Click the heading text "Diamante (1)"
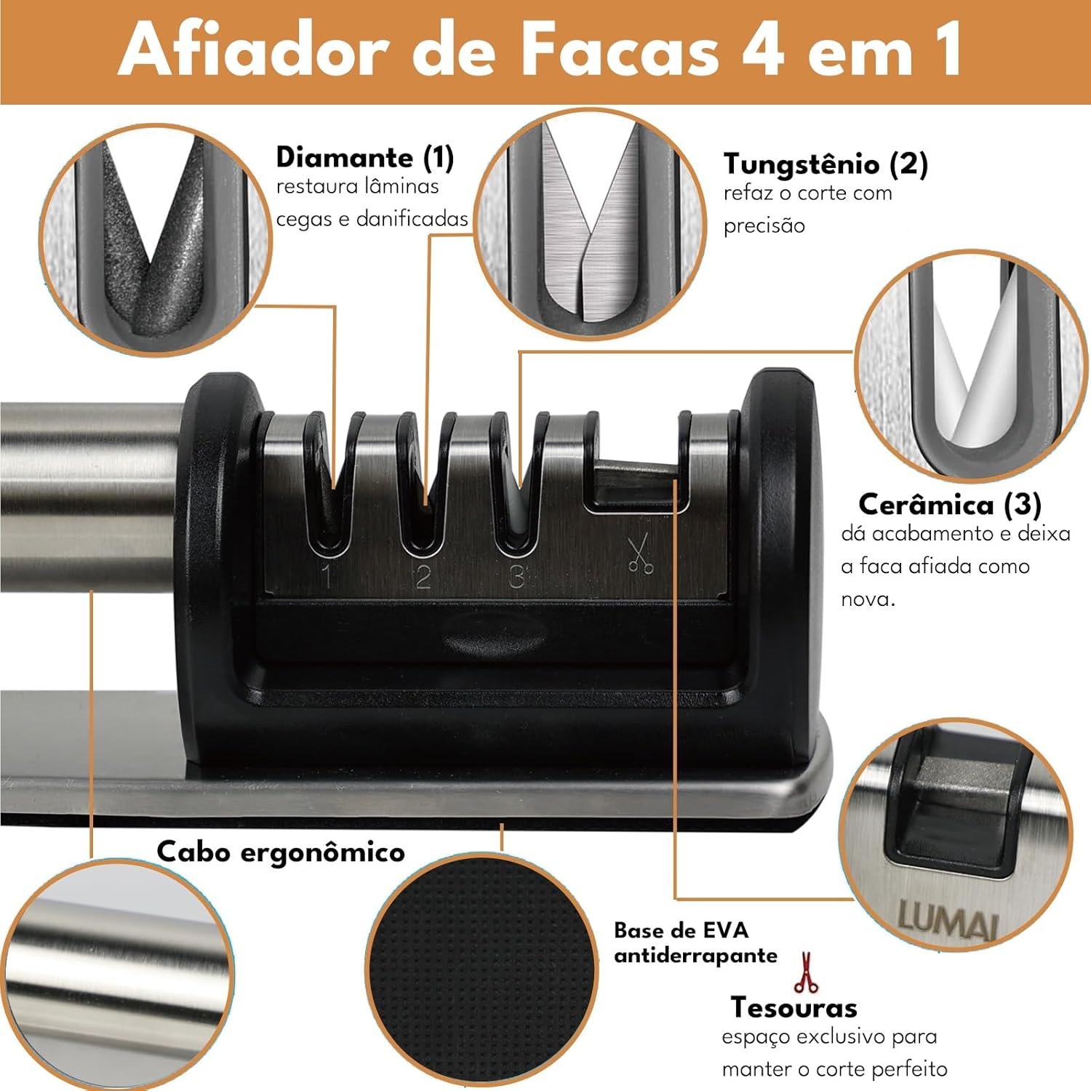(x=364, y=157)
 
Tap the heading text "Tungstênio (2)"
(x=825, y=164)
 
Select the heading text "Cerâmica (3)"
(x=949, y=504)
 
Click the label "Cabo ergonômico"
(x=281, y=852)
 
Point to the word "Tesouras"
(x=794, y=1007)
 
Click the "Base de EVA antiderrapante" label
(x=695, y=943)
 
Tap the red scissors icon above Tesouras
(x=805, y=972)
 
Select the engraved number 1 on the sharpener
(x=327, y=576)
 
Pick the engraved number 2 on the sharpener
(x=423, y=576)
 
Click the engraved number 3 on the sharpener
(x=516, y=576)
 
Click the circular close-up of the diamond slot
(x=154, y=240)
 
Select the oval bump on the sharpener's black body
(x=494, y=632)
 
